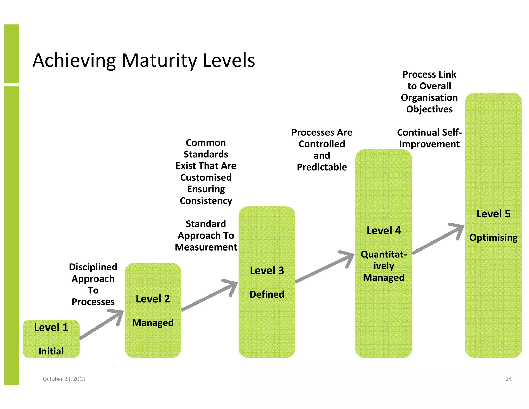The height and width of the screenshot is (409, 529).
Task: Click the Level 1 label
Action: (x=51, y=328)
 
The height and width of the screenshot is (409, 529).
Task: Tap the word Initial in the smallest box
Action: (x=51, y=351)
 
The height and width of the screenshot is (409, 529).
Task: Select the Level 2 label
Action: (x=153, y=299)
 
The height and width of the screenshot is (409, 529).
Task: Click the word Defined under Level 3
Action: (x=267, y=294)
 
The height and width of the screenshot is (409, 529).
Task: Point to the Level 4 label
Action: (x=384, y=231)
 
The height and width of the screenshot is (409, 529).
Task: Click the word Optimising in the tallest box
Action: (x=493, y=238)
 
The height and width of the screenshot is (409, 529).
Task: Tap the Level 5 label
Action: (x=493, y=214)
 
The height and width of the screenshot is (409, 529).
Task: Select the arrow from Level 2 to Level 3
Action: (x=209, y=296)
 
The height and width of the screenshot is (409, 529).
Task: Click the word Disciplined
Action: (x=93, y=267)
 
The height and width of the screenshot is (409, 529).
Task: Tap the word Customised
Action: (x=206, y=178)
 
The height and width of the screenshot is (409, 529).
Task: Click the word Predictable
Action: (x=322, y=167)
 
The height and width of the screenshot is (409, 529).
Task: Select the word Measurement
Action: (x=206, y=247)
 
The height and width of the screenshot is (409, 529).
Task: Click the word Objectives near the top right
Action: (x=429, y=109)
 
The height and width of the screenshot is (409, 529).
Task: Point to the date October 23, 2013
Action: (x=64, y=379)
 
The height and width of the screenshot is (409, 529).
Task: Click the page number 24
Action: (x=508, y=379)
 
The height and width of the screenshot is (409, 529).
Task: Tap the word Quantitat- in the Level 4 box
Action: (x=384, y=255)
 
